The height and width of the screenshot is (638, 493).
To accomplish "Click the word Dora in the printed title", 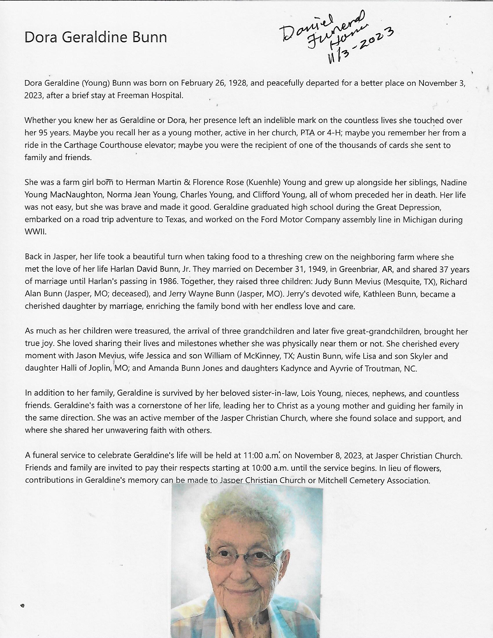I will pyautogui.click(x=41, y=38).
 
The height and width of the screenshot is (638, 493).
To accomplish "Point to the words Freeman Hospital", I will pyautogui.click(x=150, y=95).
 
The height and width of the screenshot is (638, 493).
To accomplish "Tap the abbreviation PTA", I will pyautogui.click(x=307, y=133).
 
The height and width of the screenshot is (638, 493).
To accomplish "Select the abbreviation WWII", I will pyautogui.click(x=35, y=232).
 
